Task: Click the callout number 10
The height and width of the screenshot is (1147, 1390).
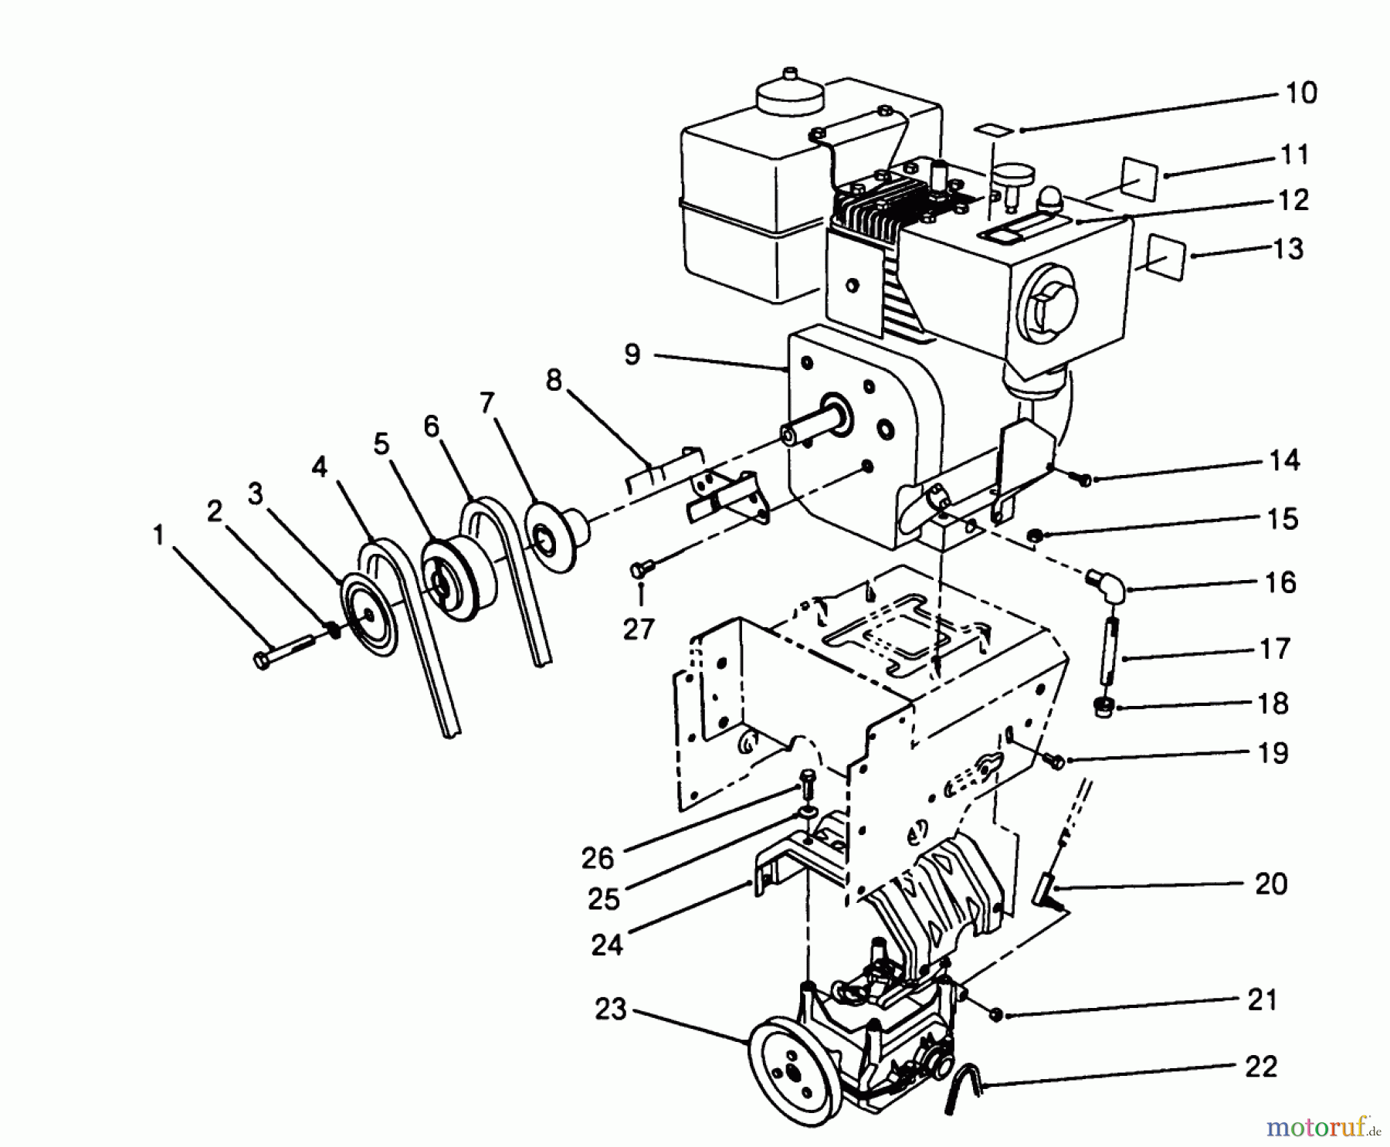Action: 1300,93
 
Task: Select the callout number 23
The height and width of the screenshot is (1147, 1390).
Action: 610,1009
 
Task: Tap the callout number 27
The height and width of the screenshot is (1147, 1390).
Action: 638,629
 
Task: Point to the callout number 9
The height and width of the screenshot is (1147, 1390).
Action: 632,355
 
